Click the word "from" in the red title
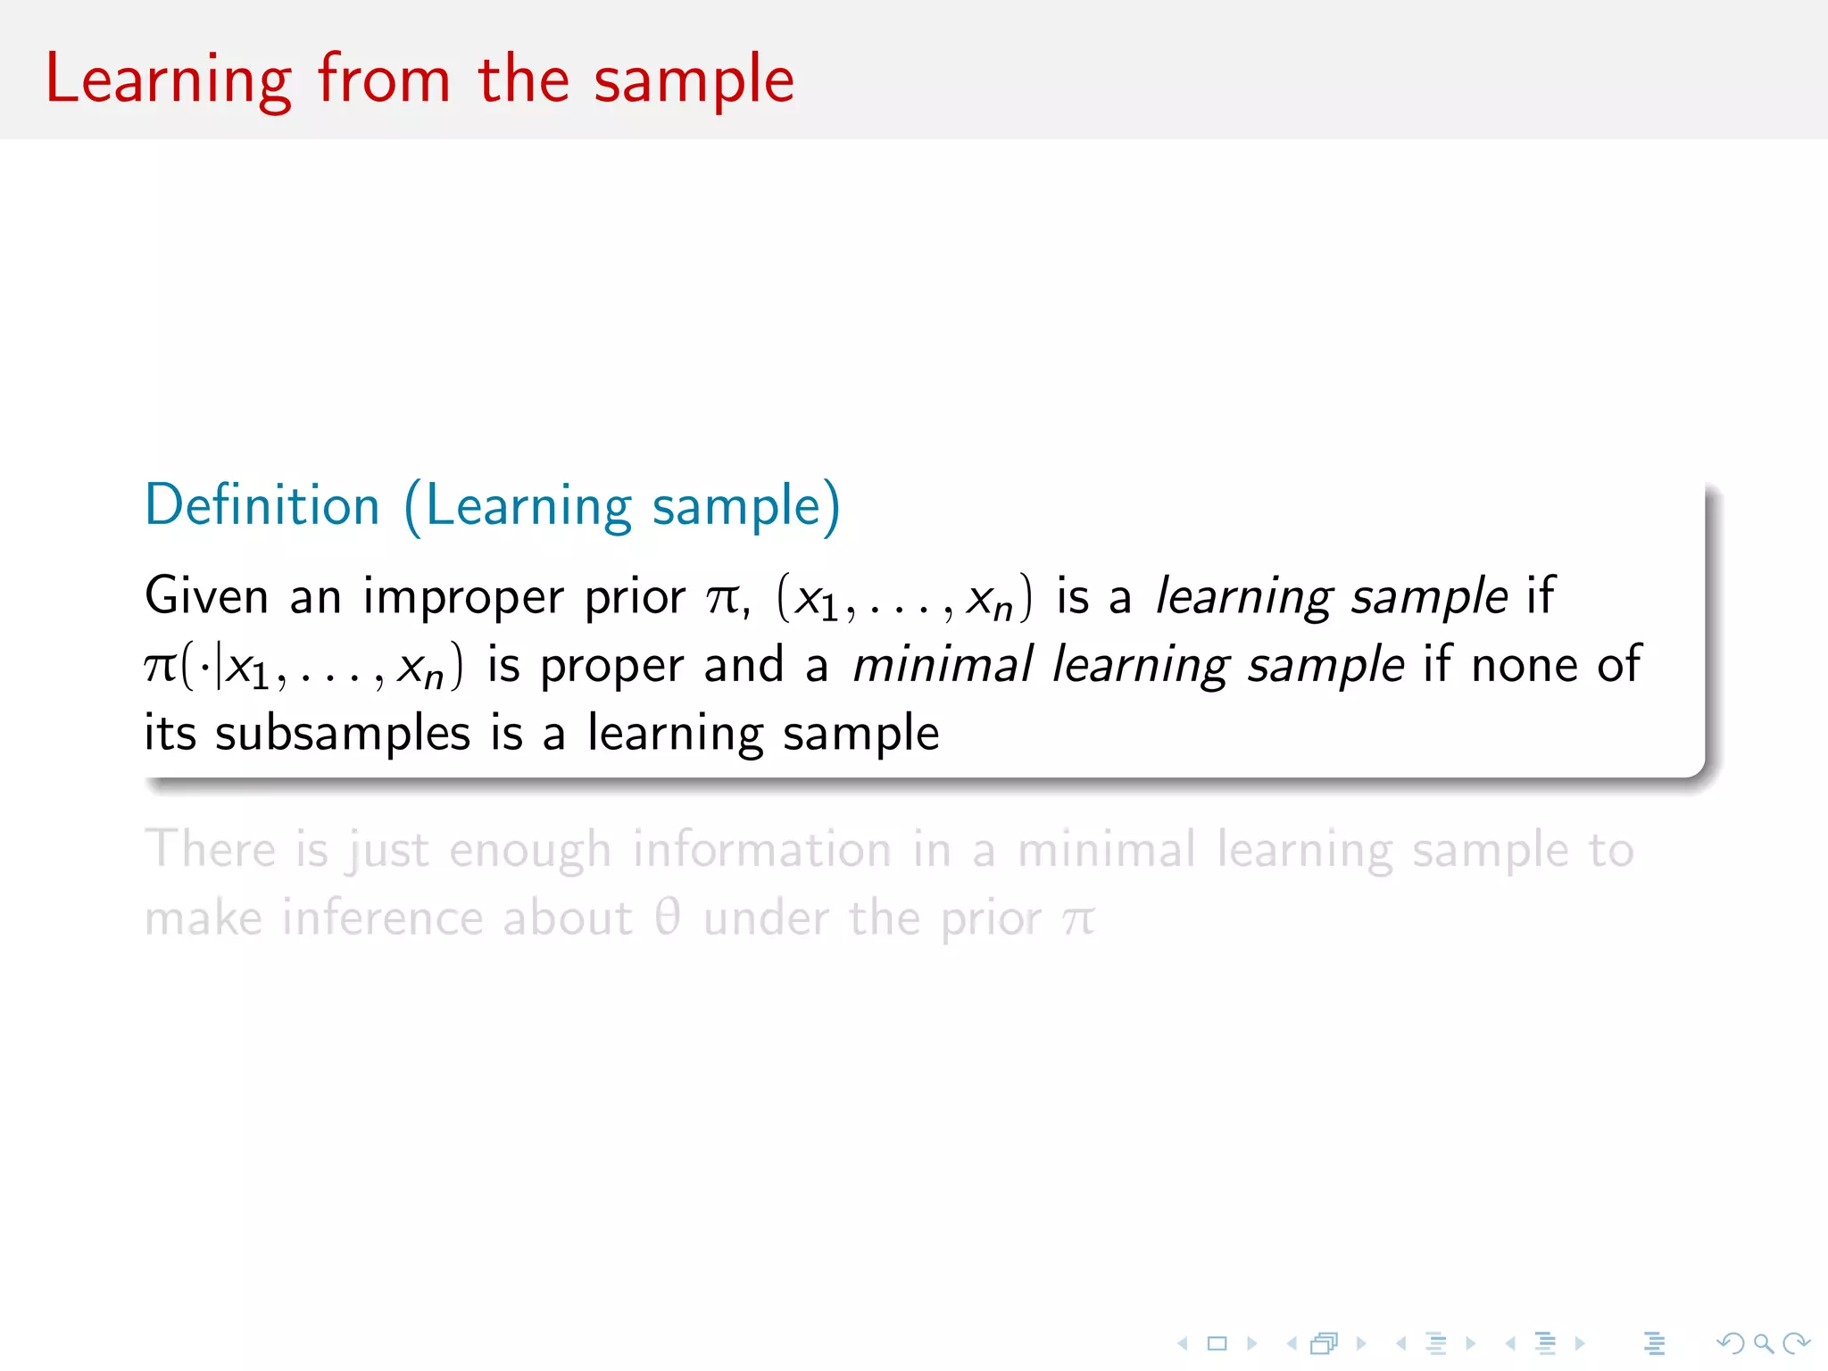(x=384, y=79)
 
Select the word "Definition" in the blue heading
(x=262, y=505)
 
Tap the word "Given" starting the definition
(x=206, y=595)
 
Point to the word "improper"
(x=463, y=597)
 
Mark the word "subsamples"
(x=343, y=735)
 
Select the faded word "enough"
(x=529, y=851)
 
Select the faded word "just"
(x=389, y=850)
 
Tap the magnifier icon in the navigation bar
(x=1763, y=1342)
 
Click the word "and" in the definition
(x=744, y=665)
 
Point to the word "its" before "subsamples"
(x=170, y=734)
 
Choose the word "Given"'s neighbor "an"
(x=315, y=597)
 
